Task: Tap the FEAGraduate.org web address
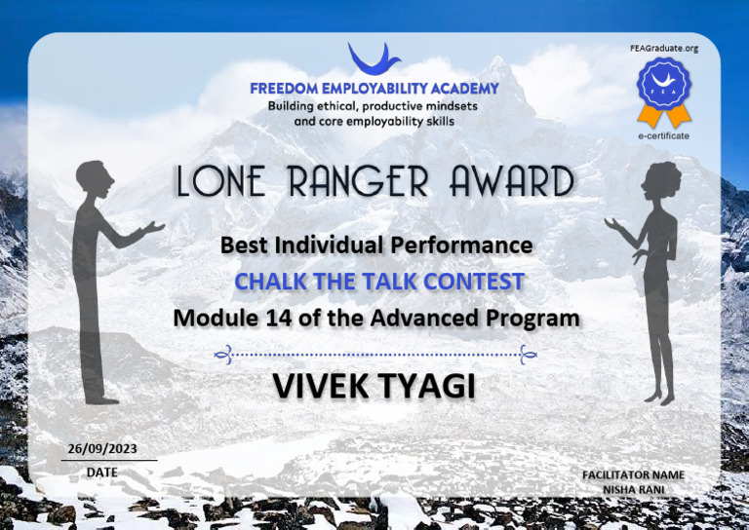665,48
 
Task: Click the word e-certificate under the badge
663,135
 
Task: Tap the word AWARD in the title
512,182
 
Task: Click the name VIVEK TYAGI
374,387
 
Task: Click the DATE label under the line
101,472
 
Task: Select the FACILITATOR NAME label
633,474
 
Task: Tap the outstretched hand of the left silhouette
154,227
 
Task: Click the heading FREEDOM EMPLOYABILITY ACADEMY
374,89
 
